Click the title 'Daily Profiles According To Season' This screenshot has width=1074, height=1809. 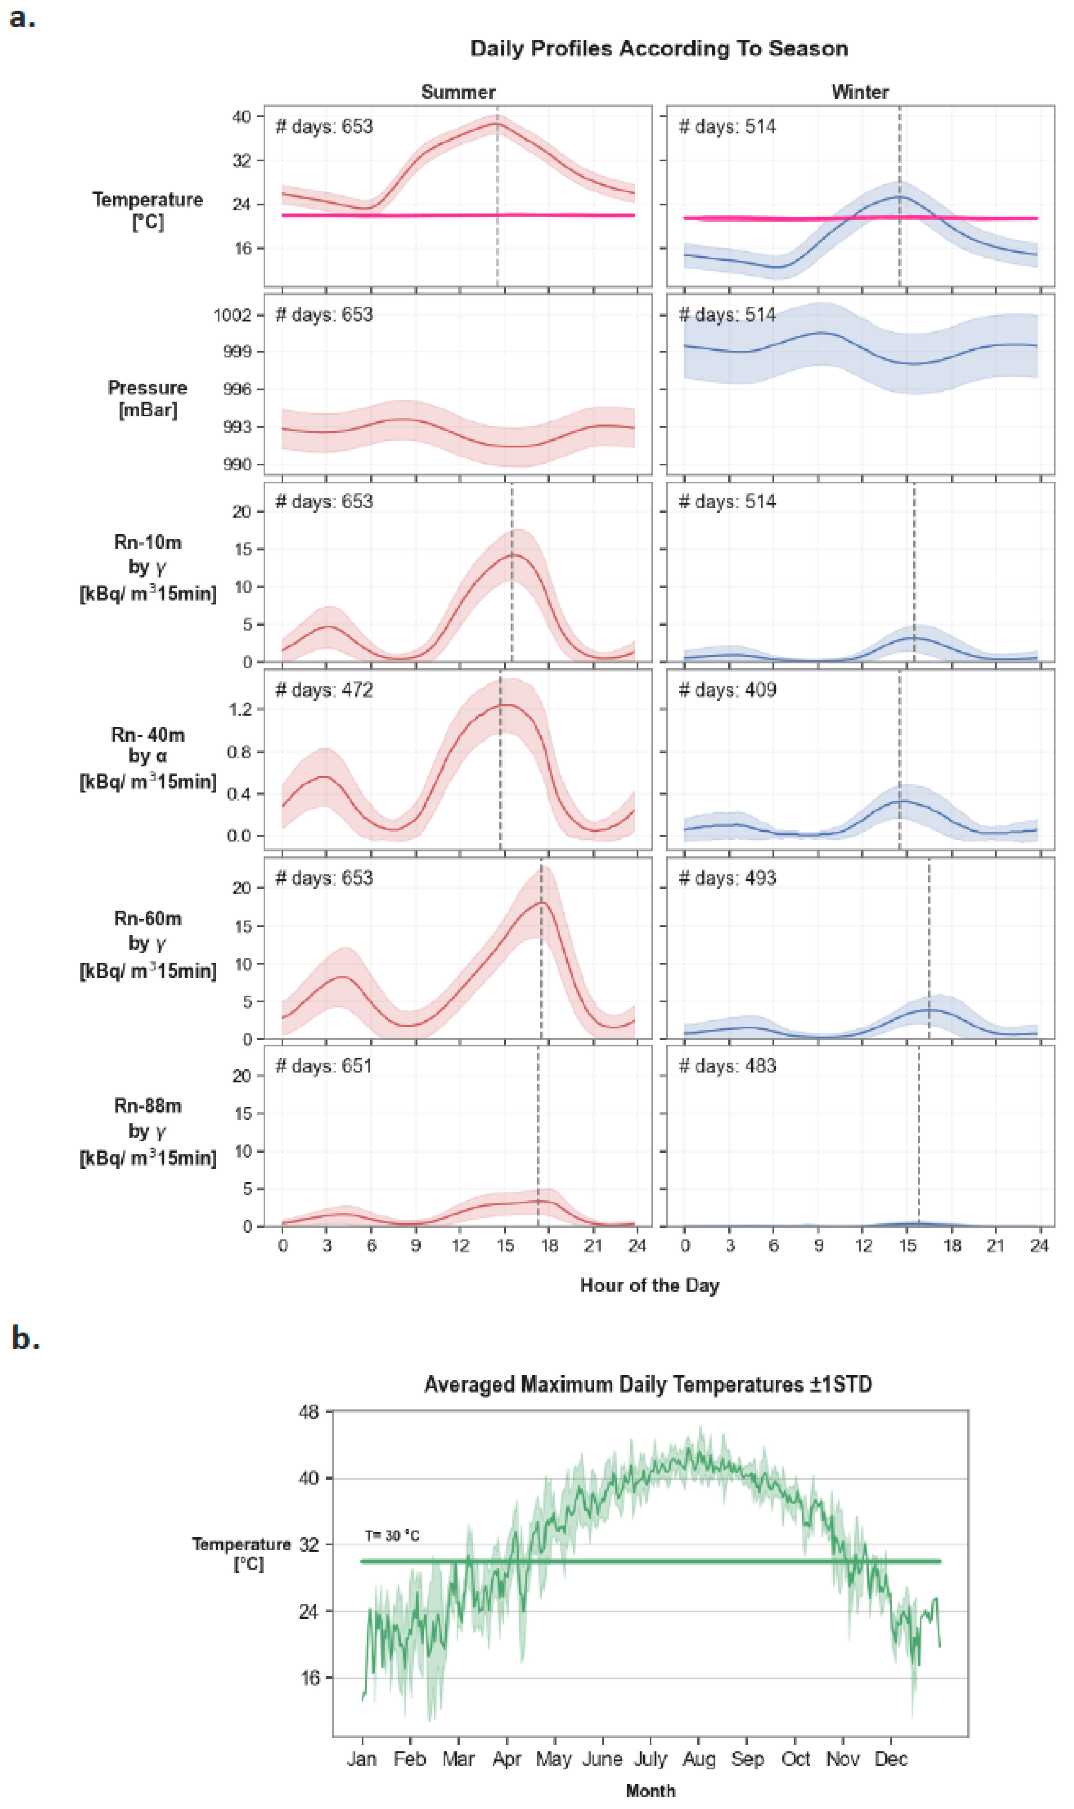click(659, 48)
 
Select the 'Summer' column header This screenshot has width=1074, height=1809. click(458, 92)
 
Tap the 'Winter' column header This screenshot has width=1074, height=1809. click(860, 92)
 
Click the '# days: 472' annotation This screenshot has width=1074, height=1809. click(324, 690)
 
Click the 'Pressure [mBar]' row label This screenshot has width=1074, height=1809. click(148, 399)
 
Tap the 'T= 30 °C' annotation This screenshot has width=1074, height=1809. click(392, 1536)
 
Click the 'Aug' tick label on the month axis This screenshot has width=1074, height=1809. click(698, 1759)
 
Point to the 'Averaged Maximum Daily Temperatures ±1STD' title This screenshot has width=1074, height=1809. click(648, 1384)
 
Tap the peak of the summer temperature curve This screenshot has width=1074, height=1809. click(497, 124)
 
